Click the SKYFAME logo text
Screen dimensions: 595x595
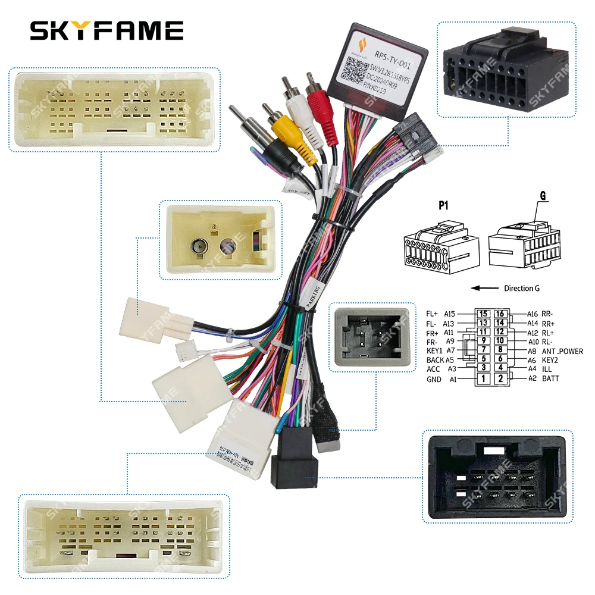pyautogui.click(x=107, y=30)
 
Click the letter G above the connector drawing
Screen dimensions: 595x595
pyautogui.click(x=543, y=196)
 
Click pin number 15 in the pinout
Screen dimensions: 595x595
pyautogui.click(x=484, y=314)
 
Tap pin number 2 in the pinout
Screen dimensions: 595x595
pyautogui.click(x=500, y=378)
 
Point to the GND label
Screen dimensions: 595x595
pyautogui.click(x=434, y=379)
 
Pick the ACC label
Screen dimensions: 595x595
pyautogui.click(x=433, y=369)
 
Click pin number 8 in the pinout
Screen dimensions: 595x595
pyautogui.click(x=500, y=350)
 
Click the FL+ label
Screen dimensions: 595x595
pyautogui.click(x=433, y=314)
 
